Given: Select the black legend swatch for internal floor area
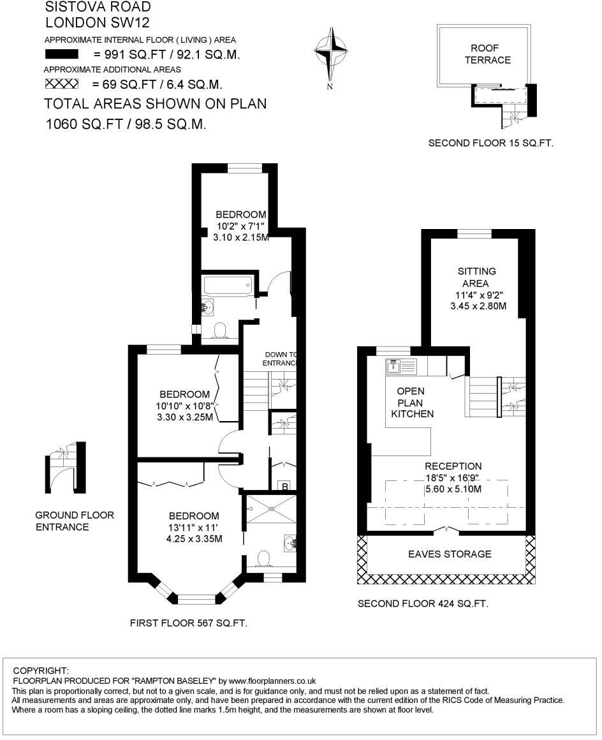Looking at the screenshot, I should point(61,54).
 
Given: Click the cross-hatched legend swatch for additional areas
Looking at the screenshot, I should point(61,84).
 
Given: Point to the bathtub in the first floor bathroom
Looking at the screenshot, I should point(228,285).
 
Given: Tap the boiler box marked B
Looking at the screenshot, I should point(285,487).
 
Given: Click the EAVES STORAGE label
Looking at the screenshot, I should point(450,554).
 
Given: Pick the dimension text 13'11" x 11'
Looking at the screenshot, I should point(194,528).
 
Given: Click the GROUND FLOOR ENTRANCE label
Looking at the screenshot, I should point(74,521).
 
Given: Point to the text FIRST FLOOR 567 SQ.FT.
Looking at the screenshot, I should point(188,623).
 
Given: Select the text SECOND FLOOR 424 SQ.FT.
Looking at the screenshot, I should point(423,603).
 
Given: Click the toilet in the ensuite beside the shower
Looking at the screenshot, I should point(263,559).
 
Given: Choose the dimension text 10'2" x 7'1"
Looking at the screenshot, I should point(240,226).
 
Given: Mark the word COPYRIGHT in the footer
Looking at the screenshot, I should point(41,670).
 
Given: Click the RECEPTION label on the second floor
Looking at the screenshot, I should point(453,466).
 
